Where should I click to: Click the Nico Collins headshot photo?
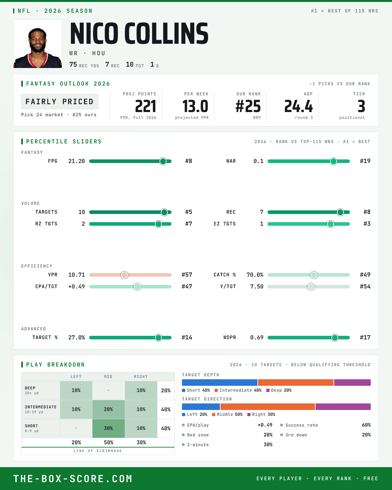(38, 44)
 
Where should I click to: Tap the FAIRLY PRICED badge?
(60, 102)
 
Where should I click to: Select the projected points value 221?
(145, 106)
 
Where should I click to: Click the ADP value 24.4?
(298, 106)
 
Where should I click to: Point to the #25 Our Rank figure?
(248, 106)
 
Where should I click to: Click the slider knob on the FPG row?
(163, 161)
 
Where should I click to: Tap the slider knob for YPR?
(124, 275)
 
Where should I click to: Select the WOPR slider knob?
(335, 337)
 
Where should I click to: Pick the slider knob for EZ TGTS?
(331, 224)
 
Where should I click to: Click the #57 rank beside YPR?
(187, 275)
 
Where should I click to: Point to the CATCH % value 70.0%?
(255, 275)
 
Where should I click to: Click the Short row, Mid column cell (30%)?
(108, 428)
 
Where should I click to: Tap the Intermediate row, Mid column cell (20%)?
(108, 409)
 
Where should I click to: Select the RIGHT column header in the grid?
(141, 377)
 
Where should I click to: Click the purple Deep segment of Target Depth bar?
(352, 383)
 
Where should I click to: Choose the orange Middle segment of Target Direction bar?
(268, 407)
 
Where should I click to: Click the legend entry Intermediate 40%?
(238, 390)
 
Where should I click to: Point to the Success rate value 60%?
(366, 425)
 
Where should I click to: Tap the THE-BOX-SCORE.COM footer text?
(73, 479)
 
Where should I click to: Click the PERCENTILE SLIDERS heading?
(64, 141)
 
